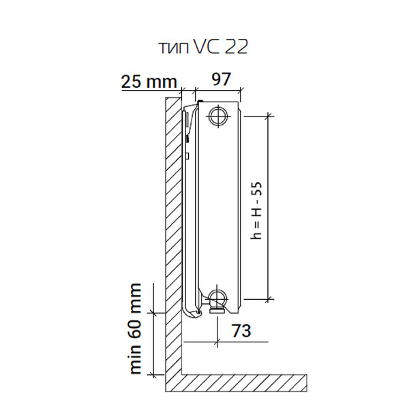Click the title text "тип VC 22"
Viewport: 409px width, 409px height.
pos(203,47)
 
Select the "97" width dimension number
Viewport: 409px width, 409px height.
pos(221,79)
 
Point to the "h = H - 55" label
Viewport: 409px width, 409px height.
pos(256,211)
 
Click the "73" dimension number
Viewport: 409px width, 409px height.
pos(241,331)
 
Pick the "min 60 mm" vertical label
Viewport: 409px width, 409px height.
pos(136,329)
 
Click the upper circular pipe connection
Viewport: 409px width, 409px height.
pos(218,116)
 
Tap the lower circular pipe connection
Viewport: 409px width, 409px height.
pos(218,297)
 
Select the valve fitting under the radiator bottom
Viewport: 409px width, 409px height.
pos(217,309)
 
